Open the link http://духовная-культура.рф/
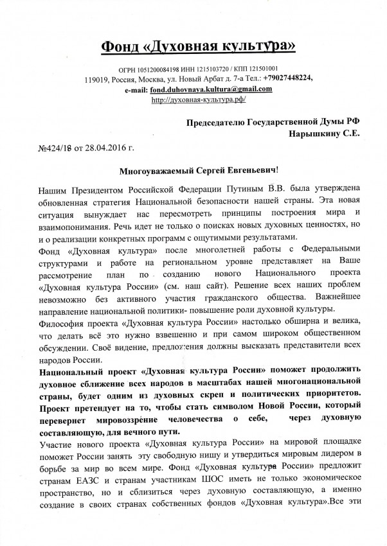pos(199,100)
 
